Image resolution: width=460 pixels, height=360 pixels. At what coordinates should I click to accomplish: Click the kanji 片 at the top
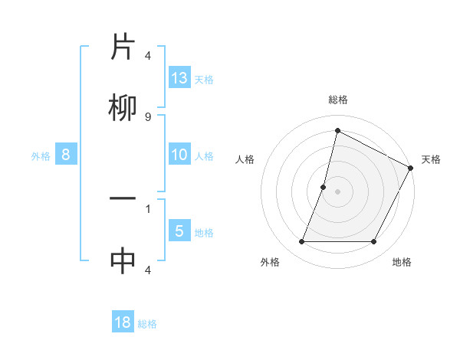[x=123, y=47]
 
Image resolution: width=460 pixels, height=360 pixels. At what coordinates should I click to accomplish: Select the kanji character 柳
[x=123, y=110]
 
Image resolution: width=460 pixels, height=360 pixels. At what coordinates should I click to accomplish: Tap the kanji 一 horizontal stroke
[x=123, y=199]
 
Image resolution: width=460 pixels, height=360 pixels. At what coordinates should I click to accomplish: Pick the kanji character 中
[x=123, y=261]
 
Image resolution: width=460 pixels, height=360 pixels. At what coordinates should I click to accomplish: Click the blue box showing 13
[x=179, y=78]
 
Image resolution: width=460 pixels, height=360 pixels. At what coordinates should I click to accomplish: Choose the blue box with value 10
[x=179, y=155]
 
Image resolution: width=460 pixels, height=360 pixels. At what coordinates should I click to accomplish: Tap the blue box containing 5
[x=179, y=231]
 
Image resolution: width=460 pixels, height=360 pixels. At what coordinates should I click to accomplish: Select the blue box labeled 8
[x=66, y=155]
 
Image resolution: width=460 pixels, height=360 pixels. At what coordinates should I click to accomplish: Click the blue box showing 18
[x=123, y=322]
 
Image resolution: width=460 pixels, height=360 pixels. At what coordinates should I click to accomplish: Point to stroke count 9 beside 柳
[x=147, y=116]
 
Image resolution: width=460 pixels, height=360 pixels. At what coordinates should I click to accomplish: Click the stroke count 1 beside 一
[x=147, y=208]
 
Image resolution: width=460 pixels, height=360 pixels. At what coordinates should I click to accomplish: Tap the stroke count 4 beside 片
[x=147, y=56]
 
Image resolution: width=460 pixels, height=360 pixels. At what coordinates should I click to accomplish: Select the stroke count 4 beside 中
[x=147, y=270]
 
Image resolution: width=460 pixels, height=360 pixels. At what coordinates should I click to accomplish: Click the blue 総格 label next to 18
[x=147, y=324]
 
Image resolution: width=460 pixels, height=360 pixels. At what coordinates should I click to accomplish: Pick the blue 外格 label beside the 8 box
[x=41, y=155]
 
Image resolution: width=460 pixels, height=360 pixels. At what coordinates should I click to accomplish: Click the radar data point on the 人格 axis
[x=324, y=187]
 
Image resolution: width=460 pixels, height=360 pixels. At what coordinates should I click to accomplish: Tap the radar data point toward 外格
[x=301, y=242]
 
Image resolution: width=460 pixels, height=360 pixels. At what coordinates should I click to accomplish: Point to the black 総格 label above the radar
[x=338, y=100]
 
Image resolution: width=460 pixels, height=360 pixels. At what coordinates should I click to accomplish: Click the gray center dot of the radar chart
[x=338, y=191]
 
